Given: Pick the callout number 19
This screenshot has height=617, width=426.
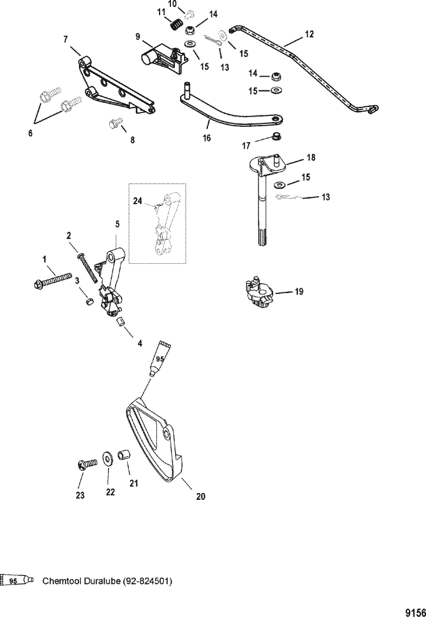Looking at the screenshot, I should point(299,292).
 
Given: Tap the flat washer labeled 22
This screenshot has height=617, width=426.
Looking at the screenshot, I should point(107,458).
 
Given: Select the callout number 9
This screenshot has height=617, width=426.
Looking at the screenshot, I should point(137,37).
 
